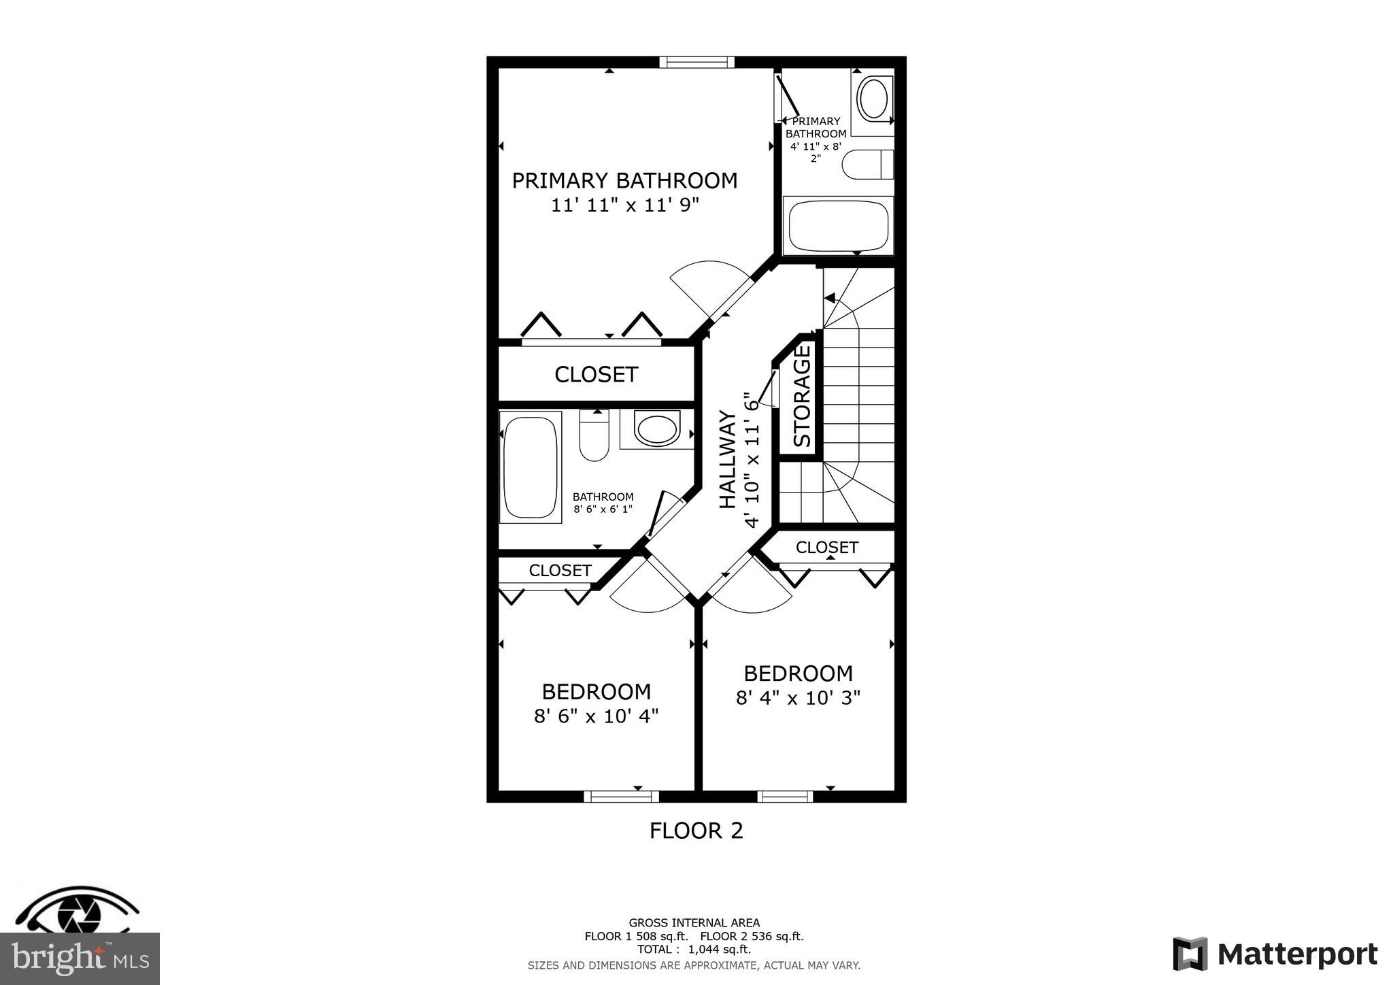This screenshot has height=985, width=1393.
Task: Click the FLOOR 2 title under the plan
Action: tap(696, 831)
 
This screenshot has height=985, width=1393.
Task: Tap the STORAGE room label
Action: tap(803, 396)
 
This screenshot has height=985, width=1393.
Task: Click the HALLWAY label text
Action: tap(728, 460)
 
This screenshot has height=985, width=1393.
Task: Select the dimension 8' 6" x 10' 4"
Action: tap(596, 716)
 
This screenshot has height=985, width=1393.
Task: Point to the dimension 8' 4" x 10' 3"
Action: tap(798, 698)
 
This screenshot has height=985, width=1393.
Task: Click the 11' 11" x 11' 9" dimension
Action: tap(624, 205)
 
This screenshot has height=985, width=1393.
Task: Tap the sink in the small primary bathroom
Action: tap(872, 99)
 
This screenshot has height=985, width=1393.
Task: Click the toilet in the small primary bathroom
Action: tap(867, 165)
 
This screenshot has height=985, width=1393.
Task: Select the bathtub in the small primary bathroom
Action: tap(838, 226)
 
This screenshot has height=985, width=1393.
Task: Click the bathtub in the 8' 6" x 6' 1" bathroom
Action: tap(530, 467)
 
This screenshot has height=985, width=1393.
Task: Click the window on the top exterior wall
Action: tap(696, 63)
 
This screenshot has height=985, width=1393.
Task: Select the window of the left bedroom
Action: tap(621, 797)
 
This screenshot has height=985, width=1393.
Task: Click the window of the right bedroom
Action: tap(785, 797)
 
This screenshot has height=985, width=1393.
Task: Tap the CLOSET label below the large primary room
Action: tap(596, 375)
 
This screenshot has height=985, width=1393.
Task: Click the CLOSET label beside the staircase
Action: tap(826, 548)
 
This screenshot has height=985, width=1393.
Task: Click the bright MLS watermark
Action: tap(80, 959)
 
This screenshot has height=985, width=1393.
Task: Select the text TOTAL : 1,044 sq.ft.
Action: tap(694, 950)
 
